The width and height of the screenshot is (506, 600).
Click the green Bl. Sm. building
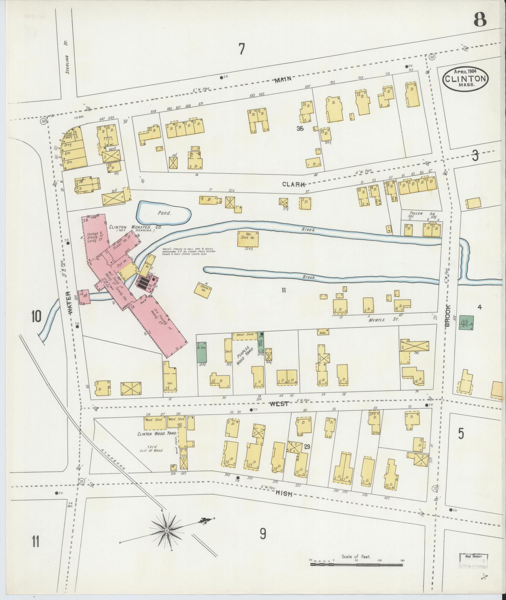(202, 352)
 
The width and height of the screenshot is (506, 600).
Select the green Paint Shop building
(466, 322)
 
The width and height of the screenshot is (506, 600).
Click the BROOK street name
(447, 315)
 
